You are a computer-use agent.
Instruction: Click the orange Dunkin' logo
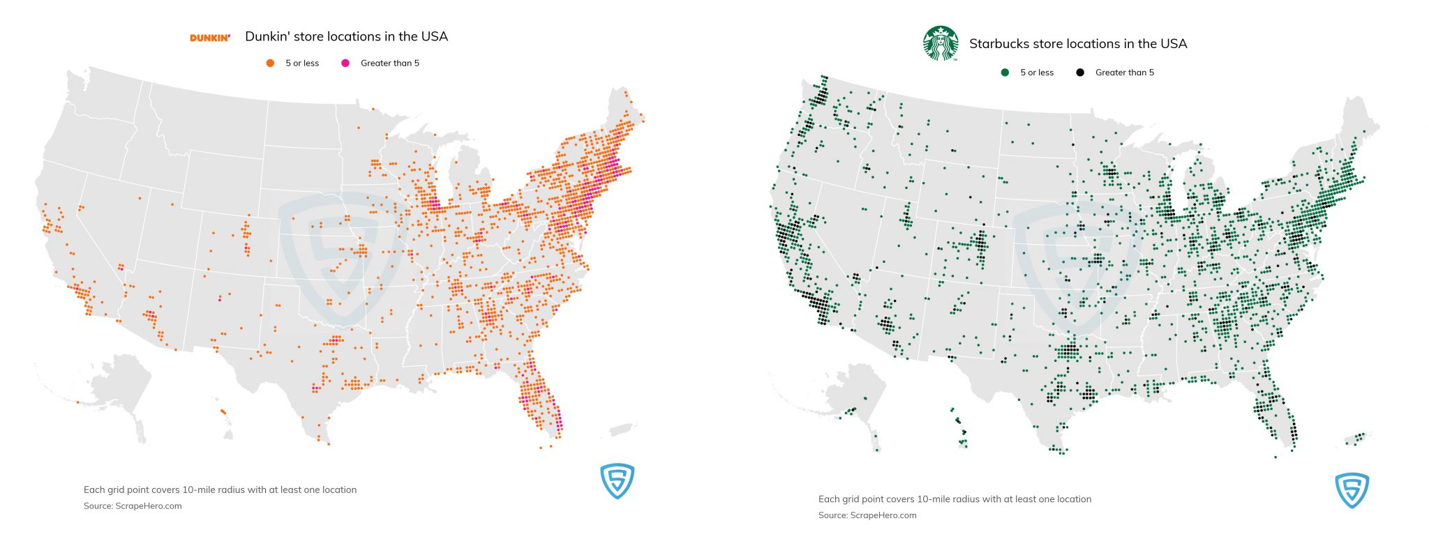click(209, 38)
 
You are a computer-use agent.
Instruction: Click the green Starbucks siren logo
click(941, 43)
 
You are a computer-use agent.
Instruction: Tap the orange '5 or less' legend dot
click(270, 63)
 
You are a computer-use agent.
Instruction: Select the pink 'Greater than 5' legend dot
click(345, 63)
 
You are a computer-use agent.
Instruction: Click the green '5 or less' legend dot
click(1005, 73)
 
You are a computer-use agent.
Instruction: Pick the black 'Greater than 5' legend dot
click(1080, 73)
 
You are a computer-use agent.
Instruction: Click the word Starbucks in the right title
click(998, 43)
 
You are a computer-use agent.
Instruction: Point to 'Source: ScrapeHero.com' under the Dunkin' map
click(133, 506)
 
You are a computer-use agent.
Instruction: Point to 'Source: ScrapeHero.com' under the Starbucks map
click(867, 515)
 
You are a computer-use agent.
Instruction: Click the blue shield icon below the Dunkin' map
click(618, 481)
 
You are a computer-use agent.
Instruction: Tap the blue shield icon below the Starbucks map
click(1352, 490)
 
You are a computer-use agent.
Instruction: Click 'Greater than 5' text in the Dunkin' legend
click(389, 63)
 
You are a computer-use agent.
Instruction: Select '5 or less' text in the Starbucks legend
click(1036, 73)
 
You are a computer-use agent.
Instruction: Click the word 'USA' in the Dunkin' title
click(434, 36)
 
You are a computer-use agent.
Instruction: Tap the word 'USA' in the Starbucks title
click(1173, 43)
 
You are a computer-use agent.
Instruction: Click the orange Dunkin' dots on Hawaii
click(223, 411)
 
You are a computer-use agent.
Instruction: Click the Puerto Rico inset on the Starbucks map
click(1358, 438)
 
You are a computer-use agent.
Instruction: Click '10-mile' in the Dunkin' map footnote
click(199, 490)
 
